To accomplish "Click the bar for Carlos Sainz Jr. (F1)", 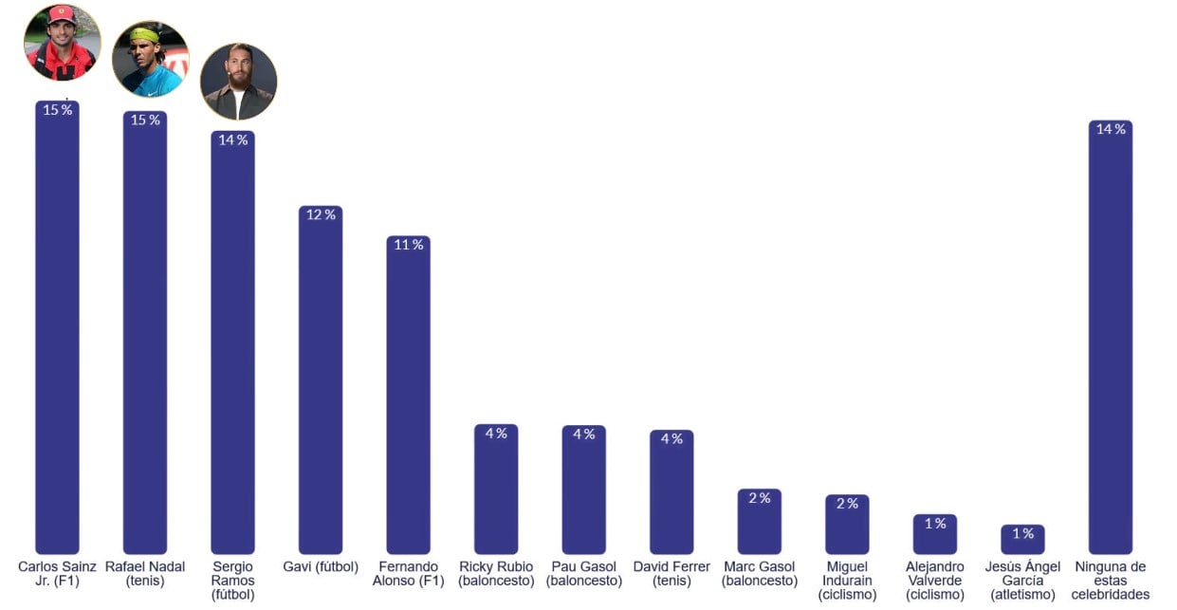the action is [x=57, y=326].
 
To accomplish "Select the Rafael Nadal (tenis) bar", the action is [x=145, y=332].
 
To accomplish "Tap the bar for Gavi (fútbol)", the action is [x=321, y=379].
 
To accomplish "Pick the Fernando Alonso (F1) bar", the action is [x=408, y=395].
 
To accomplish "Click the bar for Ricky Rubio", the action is [x=496, y=489].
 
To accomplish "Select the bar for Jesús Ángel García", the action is [x=1022, y=539].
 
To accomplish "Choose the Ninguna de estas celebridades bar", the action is [x=1111, y=337].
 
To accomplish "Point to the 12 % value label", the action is [x=321, y=214].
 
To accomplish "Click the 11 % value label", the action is [x=408, y=245].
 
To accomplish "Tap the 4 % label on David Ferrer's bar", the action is [x=671, y=438].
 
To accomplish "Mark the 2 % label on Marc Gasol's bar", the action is [x=760, y=498].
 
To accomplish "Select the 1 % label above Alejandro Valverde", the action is [x=935, y=524].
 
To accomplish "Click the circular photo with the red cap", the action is [x=63, y=43].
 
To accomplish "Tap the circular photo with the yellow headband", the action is [x=151, y=59].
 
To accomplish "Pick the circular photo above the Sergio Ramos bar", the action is [x=239, y=82].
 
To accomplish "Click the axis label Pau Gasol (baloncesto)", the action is [x=584, y=574].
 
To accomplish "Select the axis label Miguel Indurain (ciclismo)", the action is [x=847, y=581].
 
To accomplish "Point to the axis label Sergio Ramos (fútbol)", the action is [x=232, y=581].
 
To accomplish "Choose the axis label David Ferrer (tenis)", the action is [x=671, y=574].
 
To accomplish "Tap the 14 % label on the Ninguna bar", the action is [x=1111, y=129].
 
